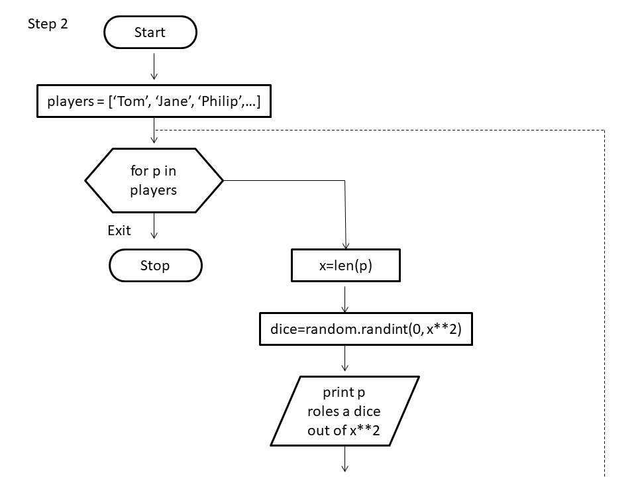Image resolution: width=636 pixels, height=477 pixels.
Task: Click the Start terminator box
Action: pyautogui.click(x=150, y=32)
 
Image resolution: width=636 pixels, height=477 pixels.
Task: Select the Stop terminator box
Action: pyautogui.click(x=155, y=266)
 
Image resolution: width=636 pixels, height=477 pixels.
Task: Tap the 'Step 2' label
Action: pyautogui.click(x=48, y=25)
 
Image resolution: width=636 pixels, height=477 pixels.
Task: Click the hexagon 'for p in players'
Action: pyautogui.click(x=154, y=180)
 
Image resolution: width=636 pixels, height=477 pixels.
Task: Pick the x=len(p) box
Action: pyautogui.click(x=346, y=266)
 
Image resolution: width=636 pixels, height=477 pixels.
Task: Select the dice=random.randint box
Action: pyautogui.click(x=365, y=329)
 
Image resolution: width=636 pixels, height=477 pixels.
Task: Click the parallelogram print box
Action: pyautogui.click(x=344, y=411)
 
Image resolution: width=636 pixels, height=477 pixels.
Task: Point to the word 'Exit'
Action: pyautogui.click(x=119, y=231)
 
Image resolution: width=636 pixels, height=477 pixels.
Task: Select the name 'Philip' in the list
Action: pyautogui.click(x=216, y=102)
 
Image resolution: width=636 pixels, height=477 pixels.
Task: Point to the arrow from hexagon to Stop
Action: pyautogui.click(x=154, y=225)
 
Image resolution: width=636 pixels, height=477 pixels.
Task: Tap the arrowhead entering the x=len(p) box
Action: pyautogui.click(x=346, y=244)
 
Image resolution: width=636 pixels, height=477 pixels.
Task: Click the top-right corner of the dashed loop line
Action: pyautogui.click(x=605, y=131)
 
